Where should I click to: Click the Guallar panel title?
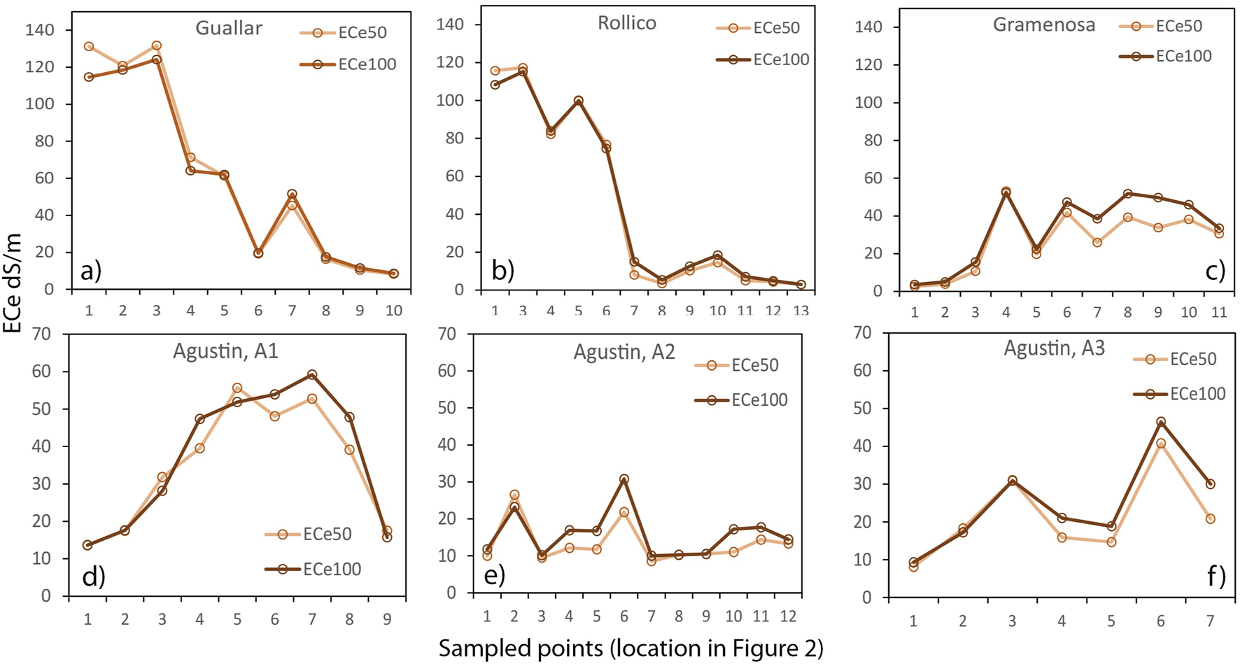(x=229, y=28)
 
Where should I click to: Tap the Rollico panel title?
(x=626, y=23)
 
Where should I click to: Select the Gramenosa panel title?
(x=1043, y=25)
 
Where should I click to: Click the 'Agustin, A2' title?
(x=624, y=351)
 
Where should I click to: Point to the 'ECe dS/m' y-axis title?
(x=12, y=283)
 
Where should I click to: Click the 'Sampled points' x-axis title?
(x=630, y=649)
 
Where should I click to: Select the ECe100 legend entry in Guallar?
(x=348, y=64)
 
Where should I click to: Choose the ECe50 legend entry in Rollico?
(x=757, y=28)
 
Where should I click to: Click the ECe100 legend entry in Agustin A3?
(x=1179, y=394)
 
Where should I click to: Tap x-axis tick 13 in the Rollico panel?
(x=800, y=310)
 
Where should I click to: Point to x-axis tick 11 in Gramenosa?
(x=1219, y=312)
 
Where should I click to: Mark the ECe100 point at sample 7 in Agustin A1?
(x=312, y=375)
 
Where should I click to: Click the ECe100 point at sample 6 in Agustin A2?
(x=623, y=479)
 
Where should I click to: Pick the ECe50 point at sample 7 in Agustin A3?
(x=1210, y=518)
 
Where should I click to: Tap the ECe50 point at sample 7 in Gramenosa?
(x=1097, y=242)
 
